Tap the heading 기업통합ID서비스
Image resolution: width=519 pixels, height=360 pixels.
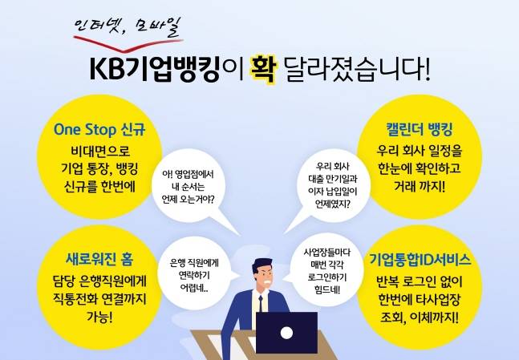pos(420,260)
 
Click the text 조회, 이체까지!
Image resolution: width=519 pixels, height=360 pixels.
pos(419,318)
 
